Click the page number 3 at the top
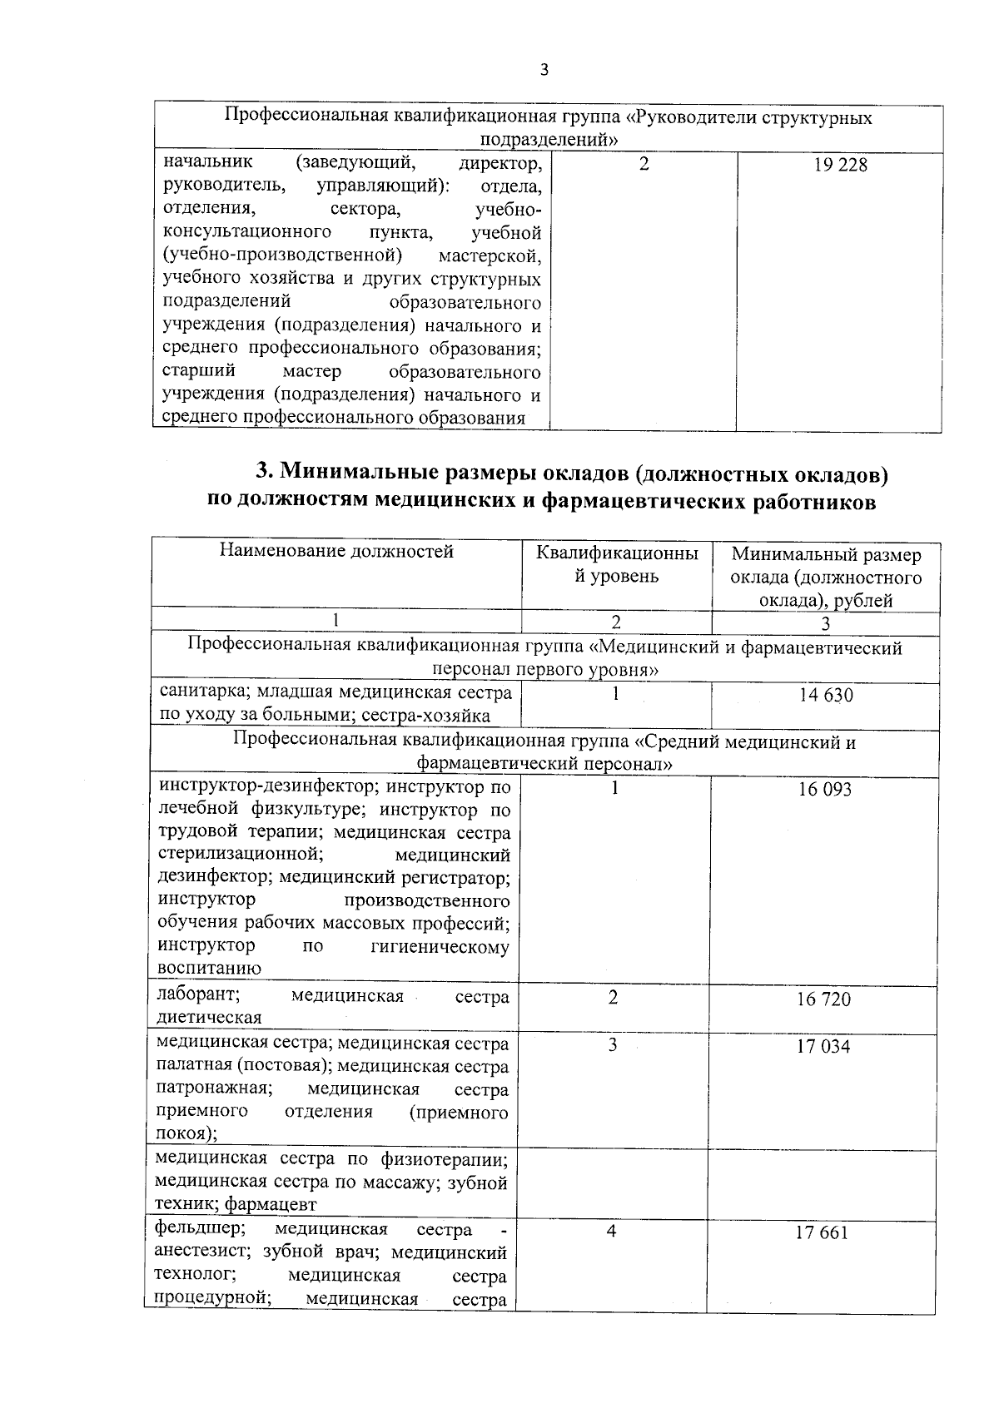coord(544,70)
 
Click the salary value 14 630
coord(826,695)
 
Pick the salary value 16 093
coord(825,790)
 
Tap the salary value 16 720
coord(823,999)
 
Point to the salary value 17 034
coord(823,1047)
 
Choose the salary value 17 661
coord(822,1233)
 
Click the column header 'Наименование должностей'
coord(336,551)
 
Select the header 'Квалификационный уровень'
coord(617,564)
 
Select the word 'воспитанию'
coord(209,969)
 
